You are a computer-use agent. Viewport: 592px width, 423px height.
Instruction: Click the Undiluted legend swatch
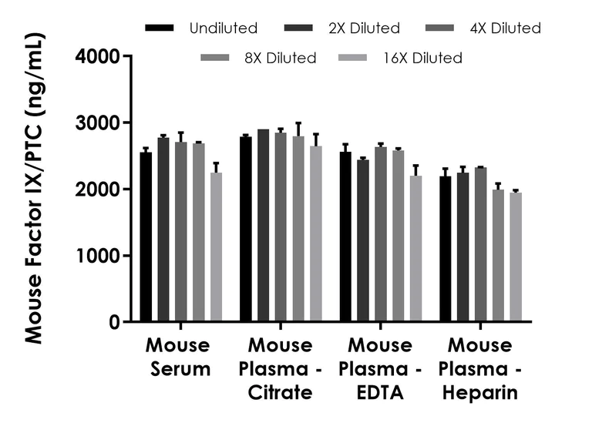point(163,29)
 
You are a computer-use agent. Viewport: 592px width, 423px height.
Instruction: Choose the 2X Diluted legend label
point(363,29)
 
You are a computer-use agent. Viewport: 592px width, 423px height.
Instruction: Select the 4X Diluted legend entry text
point(505,29)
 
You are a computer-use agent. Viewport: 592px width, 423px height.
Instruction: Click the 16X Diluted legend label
point(422,58)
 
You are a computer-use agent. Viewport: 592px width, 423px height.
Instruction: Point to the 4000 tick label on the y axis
point(97,56)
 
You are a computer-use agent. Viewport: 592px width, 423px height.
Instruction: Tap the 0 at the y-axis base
point(114,322)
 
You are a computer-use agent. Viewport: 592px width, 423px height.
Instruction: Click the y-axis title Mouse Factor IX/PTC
point(34,189)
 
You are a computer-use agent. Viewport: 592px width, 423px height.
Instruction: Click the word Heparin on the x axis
point(483,393)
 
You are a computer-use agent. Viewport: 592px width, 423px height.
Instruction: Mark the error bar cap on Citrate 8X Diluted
point(298,123)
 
